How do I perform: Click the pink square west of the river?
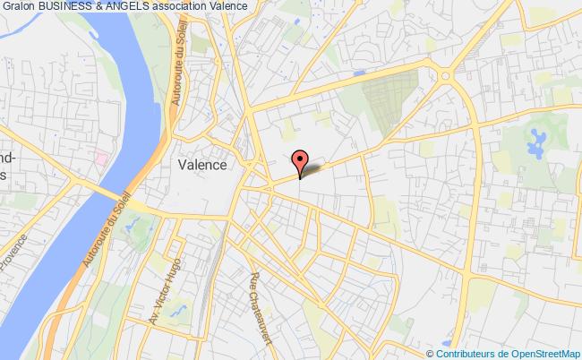[101, 159]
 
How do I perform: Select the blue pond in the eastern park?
[537, 140]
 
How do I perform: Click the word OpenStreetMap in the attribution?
[545, 353]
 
